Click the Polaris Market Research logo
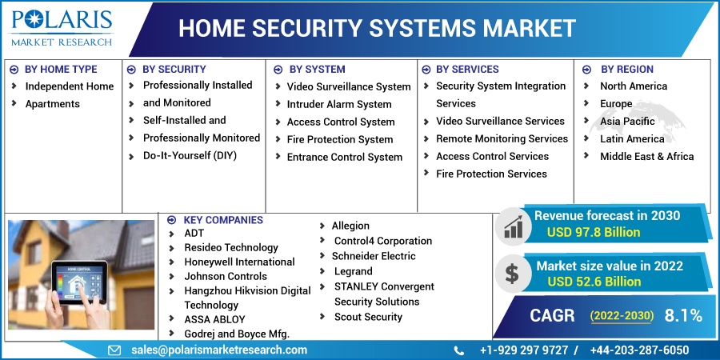pos(62,26)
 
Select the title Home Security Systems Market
pos(377,28)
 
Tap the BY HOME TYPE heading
pos(61,70)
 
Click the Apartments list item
pos(53,104)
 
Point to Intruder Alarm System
pos(339,104)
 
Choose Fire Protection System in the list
pos(340,139)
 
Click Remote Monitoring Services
pos(502,138)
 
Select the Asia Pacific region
pos(627,121)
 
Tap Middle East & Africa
pos(646,156)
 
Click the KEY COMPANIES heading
pos(222,220)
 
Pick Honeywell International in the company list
pos(239,262)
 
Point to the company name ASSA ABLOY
pos(214,319)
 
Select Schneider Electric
pos(374,256)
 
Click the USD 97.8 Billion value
pos(594,232)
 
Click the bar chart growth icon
pos(512,226)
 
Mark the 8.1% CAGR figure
pos(683,315)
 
